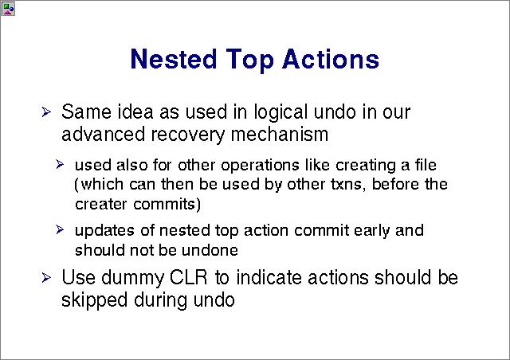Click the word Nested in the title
point(174,59)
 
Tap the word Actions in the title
point(331,59)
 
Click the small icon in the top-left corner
point(8,9)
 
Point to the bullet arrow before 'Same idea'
point(46,112)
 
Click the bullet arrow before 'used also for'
point(60,164)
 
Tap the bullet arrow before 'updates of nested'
point(60,229)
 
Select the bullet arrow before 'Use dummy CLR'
point(46,278)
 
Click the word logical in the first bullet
point(280,113)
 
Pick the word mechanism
point(280,134)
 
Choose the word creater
point(101,204)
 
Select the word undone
point(210,250)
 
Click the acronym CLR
point(188,278)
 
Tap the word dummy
point(132,280)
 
